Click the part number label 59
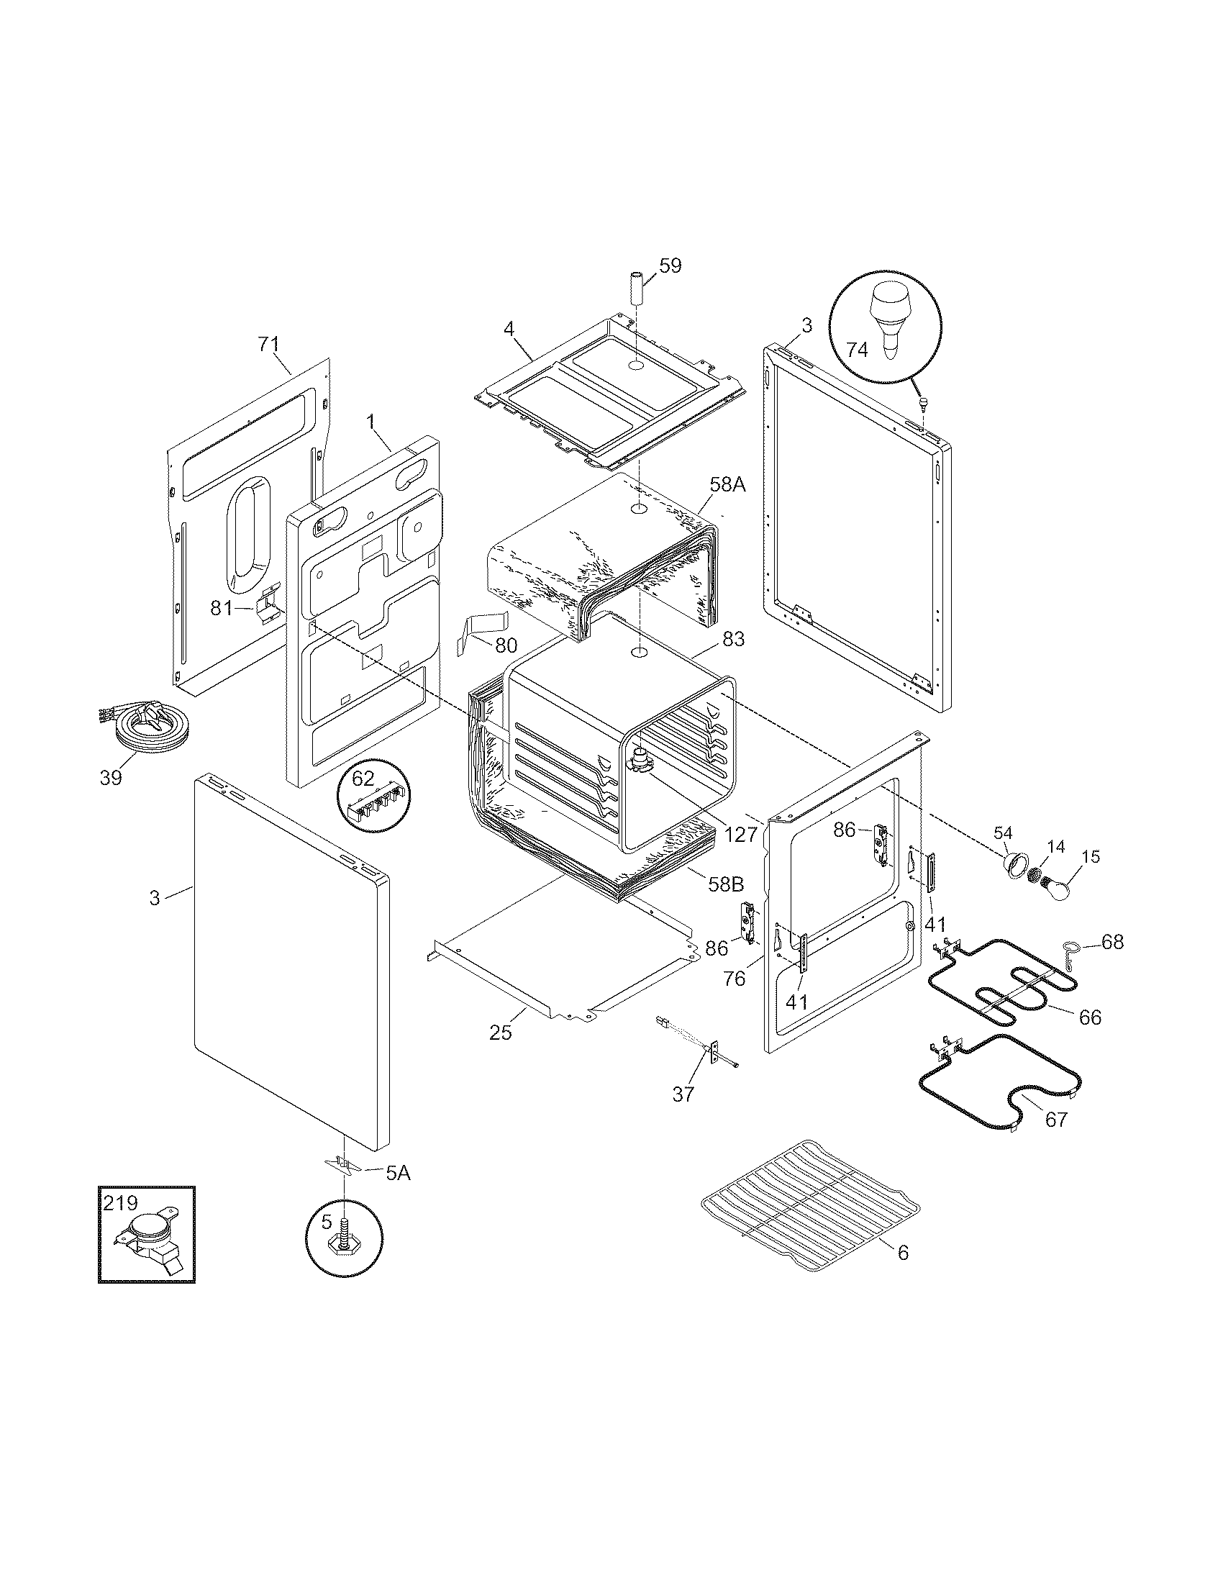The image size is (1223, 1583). [x=670, y=266]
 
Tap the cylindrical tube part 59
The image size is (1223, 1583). [x=635, y=288]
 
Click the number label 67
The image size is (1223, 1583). [x=1055, y=1119]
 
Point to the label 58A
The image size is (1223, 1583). [x=727, y=484]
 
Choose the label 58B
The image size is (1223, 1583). [x=726, y=884]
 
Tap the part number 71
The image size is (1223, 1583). [x=268, y=343]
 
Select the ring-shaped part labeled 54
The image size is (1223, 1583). [x=1016, y=863]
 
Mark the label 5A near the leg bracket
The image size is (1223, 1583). [x=397, y=1173]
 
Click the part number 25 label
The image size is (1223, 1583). [x=500, y=1032]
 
